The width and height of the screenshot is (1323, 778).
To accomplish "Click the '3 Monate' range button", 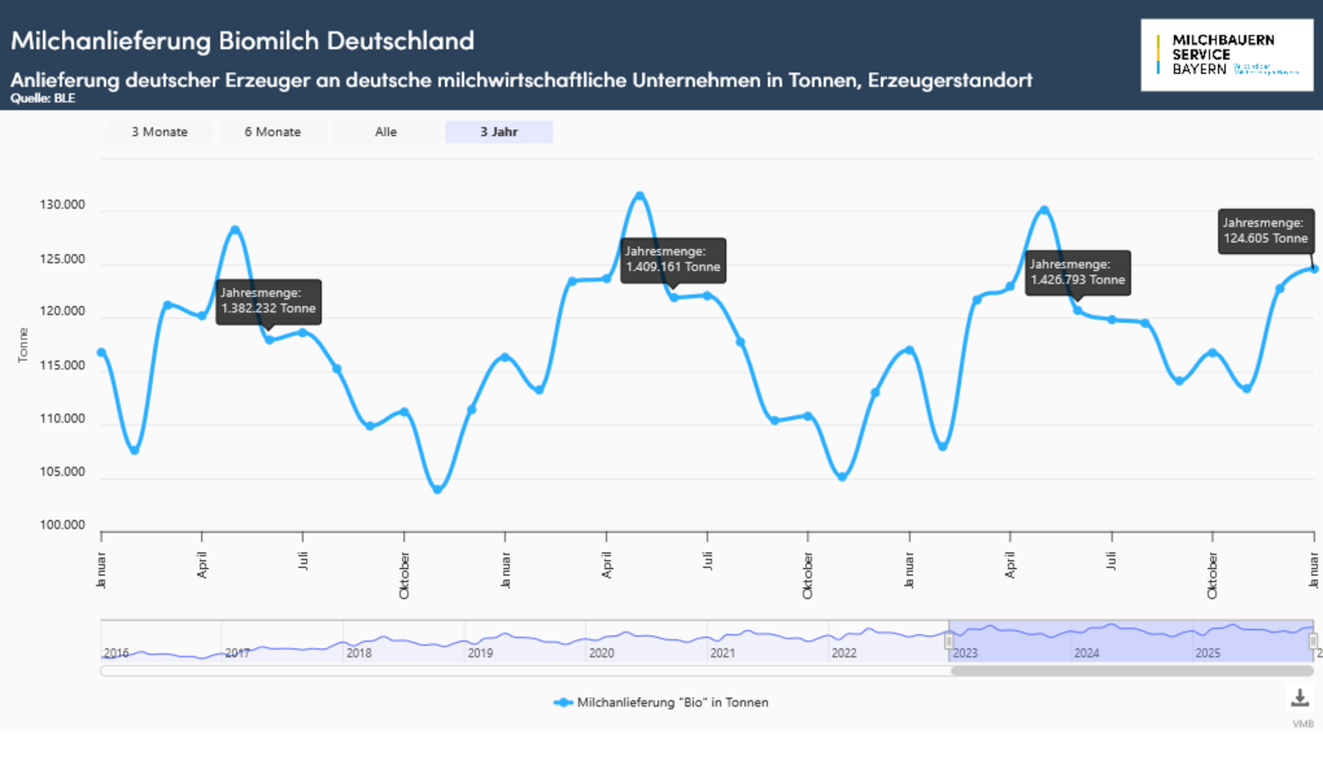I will [x=160, y=132].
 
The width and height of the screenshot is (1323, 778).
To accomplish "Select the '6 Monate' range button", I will [x=273, y=132].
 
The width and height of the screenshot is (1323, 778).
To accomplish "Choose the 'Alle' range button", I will [x=385, y=132].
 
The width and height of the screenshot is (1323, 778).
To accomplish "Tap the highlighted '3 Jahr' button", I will [x=499, y=132].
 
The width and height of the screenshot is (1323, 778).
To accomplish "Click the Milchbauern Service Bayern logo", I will [x=1226, y=55].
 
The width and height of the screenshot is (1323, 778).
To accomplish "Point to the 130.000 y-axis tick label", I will [x=63, y=205].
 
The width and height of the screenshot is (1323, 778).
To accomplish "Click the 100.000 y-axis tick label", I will [x=63, y=525].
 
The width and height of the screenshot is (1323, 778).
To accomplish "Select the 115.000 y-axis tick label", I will [x=63, y=365].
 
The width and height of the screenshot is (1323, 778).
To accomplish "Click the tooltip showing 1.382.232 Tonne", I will [x=268, y=302].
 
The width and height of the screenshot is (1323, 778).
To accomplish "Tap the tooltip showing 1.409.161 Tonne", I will [x=673, y=259].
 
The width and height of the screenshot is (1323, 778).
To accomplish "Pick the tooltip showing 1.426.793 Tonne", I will [x=1077, y=273].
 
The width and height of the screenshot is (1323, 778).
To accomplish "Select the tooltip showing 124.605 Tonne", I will [x=1266, y=231].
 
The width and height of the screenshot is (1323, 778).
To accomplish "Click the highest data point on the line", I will [x=639, y=195].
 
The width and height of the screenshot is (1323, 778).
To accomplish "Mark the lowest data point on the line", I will [x=437, y=490].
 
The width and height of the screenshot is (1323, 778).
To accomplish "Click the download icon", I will [x=1300, y=698].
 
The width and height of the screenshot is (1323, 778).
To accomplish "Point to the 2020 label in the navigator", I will [x=602, y=654].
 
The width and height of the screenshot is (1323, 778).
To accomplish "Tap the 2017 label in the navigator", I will [x=237, y=654].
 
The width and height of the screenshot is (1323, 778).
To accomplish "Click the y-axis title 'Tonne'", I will [x=23, y=345].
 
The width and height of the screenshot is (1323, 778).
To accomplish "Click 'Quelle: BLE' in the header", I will [x=42, y=99].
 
